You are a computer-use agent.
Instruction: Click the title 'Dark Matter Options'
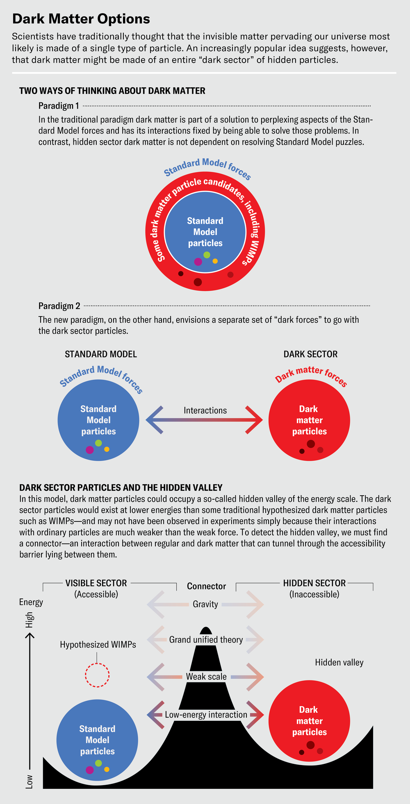(81, 19)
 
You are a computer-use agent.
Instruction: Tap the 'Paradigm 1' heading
(59, 106)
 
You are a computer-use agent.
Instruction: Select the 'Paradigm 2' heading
(59, 306)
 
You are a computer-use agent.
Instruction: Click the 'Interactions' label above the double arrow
(205, 410)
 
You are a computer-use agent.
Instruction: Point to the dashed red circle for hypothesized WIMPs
(97, 675)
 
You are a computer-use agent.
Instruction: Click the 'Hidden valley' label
(339, 662)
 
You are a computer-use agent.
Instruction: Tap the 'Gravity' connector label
(205, 604)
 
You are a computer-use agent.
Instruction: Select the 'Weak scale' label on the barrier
(206, 677)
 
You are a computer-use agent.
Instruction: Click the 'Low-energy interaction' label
(206, 715)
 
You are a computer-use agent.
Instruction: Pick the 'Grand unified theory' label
(206, 640)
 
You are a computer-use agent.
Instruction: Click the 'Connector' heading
(206, 586)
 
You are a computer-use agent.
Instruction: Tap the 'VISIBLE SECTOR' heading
(96, 583)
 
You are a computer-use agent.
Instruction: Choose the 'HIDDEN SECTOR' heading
(314, 583)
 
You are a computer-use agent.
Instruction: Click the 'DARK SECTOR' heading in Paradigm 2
(310, 354)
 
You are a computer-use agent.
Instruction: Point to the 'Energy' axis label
(31, 602)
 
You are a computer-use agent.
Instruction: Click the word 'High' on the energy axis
(30, 620)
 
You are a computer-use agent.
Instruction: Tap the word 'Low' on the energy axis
(30, 781)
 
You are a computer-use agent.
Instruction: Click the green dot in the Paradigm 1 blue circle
(207, 255)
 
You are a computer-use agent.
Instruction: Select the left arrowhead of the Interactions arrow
(154, 420)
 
